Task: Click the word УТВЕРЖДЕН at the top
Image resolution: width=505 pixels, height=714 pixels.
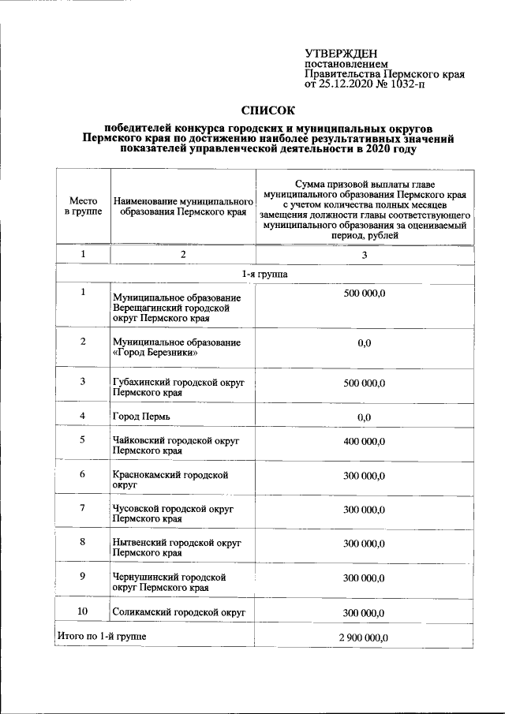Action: point(341,53)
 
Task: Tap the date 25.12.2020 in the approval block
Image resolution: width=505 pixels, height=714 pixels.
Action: point(345,84)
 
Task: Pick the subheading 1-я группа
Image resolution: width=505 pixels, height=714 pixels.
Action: point(264,274)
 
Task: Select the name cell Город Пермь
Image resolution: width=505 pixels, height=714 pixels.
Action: point(140,416)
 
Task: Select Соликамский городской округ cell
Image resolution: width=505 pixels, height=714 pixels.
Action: point(179,612)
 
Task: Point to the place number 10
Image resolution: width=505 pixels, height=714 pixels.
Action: point(83,611)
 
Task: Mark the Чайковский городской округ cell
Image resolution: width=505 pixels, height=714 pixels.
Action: point(175,445)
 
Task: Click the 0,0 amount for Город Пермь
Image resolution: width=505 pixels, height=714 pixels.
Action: point(364,417)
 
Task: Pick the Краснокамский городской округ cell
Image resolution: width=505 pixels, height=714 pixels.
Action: point(170,480)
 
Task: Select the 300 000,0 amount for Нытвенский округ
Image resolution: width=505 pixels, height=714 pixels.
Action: point(364,544)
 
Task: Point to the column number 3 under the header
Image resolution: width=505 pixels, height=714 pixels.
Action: point(364,255)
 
